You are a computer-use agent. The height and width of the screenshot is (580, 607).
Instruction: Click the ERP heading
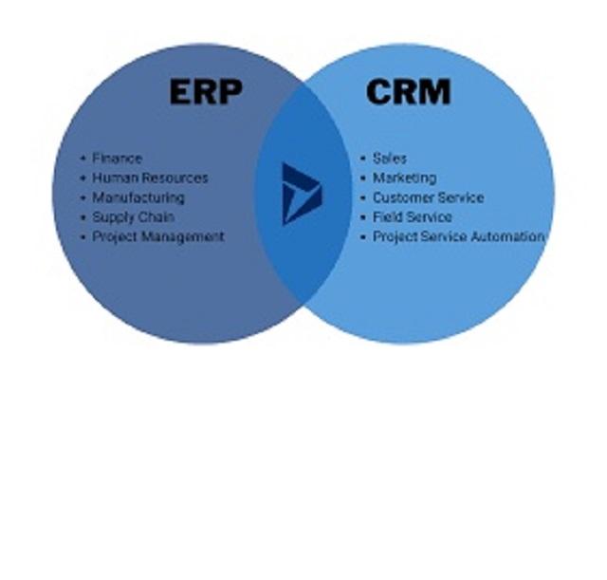[x=205, y=92]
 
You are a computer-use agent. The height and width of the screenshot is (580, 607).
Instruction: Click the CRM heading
[x=408, y=92]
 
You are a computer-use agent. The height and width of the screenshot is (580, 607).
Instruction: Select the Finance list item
[x=117, y=159]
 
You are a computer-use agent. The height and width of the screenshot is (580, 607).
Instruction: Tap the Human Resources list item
[x=150, y=178]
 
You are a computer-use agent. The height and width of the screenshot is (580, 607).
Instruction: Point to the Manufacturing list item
[x=138, y=197]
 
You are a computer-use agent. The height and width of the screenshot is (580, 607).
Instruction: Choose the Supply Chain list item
[x=133, y=217]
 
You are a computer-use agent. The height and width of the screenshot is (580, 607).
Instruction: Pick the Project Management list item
[x=157, y=236]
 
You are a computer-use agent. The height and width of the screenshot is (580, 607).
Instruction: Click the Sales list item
[x=389, y=159]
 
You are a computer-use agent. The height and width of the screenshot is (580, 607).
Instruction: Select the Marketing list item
[x=404, y=178]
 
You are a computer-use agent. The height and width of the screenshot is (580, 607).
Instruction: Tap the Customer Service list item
[x=428, y=197]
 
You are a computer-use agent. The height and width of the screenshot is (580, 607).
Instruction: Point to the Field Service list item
[x=412, y=217]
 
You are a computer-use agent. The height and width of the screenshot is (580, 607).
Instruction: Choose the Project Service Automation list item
[x=458, y=236]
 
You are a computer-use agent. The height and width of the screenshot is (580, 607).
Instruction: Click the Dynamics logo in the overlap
[x=302, y=194]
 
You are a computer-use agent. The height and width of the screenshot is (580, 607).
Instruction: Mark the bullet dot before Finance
[x=83, y=159]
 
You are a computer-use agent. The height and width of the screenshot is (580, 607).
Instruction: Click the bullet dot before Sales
[x=363, y=159]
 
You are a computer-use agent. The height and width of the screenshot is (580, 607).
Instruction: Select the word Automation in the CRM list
[x=510, y=236]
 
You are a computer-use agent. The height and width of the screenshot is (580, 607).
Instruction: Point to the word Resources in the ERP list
[x=175, y=178]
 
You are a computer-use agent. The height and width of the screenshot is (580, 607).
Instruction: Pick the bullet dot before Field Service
[x=363, y=217]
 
